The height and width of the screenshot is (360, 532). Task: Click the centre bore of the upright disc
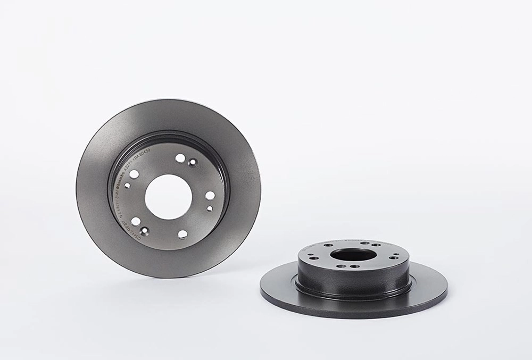coord(168,195)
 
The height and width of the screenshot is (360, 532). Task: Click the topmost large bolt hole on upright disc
coord(180,158)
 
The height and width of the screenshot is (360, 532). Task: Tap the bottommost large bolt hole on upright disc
coord(182,234)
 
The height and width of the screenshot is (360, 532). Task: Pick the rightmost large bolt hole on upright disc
coord(210,196)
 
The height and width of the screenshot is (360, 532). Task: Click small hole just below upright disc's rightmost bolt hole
coord(210,209)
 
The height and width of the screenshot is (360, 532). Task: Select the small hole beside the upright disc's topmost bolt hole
coord(192,162)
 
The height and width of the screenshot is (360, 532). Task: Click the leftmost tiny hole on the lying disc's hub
coord(314,258)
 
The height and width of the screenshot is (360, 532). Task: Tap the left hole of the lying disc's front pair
coord(338,266)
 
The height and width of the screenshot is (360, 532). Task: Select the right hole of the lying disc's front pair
coord(353,266)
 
